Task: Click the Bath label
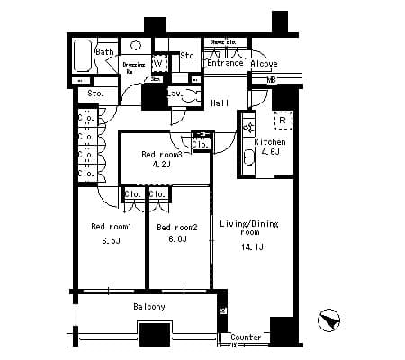click(x=104, y=52)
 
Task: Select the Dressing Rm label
click(x=134, y=67)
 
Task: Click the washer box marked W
click(x=157, y=63)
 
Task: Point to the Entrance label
click(x=226, y=63)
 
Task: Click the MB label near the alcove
click(x=271, y=80)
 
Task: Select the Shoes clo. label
click(x=222, y=42)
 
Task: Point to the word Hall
click(x=220, y=103)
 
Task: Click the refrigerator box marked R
click(x=282, y=120)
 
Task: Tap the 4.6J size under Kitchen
click(x=269, y=153)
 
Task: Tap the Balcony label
click(x=149, y=307)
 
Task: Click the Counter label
click(x=246, y=338)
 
